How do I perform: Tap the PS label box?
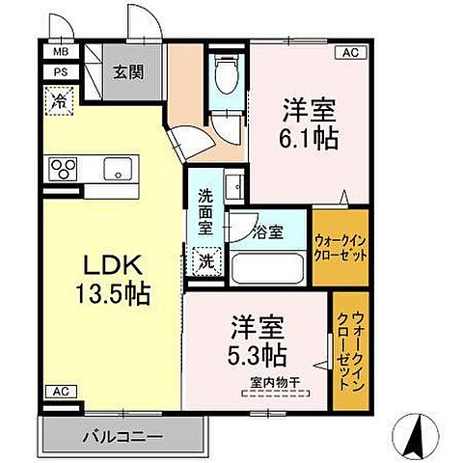tap(61, 70)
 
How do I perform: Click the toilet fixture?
tap(225, 71)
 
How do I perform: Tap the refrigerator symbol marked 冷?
tap(61, 98)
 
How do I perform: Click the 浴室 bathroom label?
tap(268, 231)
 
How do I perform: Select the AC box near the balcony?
tap(61, 393)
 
